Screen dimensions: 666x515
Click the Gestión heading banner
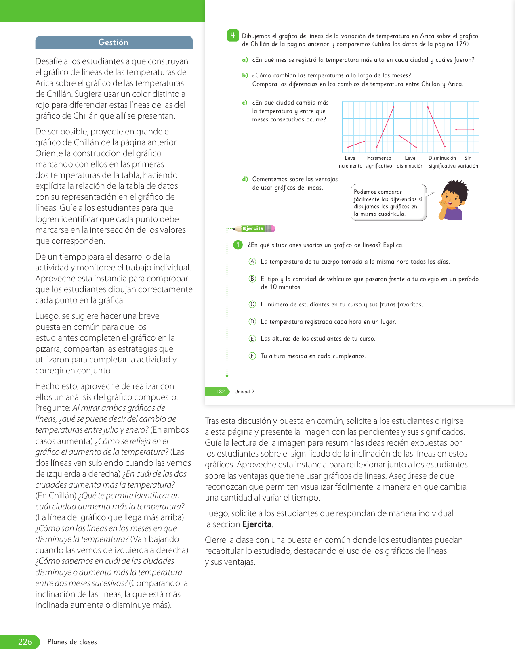tap(114, 42)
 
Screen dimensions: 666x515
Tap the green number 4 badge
tap(233, 36)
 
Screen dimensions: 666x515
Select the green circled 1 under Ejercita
tap(238, 245)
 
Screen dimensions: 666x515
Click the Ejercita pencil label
tap(254, 229)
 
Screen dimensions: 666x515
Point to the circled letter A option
tap(252, 262)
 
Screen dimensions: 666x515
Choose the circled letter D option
tap(252, 322)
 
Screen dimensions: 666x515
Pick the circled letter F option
tap(252, 356)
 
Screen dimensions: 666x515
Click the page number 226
tap(25, 642)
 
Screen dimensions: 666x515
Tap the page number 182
tap(220, 392)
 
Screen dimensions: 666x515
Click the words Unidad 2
tap(244, 392)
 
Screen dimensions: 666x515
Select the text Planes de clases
tap(72, 642)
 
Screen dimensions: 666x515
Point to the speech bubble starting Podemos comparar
tap(388, 203)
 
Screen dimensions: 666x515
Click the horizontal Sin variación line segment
tap(465, 130)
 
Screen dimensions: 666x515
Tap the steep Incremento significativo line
tap(385, 127)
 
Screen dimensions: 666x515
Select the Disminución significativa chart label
tap(442, 162)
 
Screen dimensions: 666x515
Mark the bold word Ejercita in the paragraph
tap(257, 524)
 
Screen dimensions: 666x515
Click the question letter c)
tap(245, 103)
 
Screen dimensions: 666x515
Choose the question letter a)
tap(245, 60)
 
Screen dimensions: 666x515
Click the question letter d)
tap(245, 179)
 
